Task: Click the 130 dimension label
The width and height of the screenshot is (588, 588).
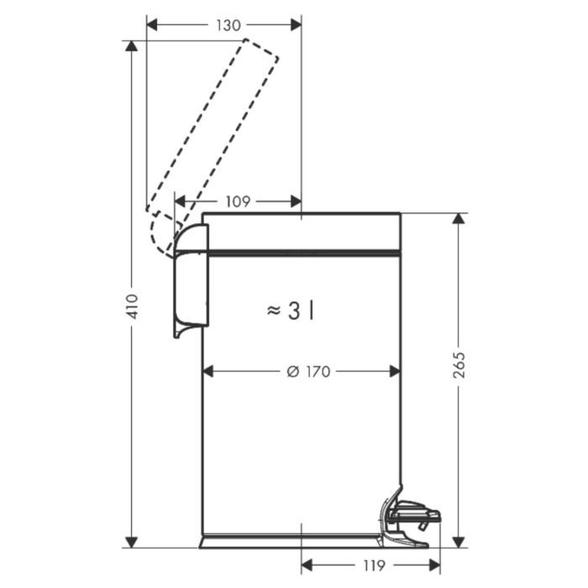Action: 228,25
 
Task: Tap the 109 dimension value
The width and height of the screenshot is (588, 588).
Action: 238,202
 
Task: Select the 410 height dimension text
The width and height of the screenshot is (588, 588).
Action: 132,307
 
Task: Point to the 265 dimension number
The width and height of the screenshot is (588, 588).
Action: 459,365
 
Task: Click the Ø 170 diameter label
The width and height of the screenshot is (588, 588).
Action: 308,371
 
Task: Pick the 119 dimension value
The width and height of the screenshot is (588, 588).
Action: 374,565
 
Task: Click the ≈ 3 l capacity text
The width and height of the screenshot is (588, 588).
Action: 291,311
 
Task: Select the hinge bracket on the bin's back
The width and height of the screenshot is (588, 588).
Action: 192,281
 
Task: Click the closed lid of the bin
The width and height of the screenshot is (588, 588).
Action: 302,232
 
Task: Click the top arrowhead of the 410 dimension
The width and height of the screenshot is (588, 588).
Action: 131,45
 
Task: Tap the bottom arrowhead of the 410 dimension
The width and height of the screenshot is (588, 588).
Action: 131,542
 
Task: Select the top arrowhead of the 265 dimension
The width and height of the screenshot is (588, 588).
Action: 459,218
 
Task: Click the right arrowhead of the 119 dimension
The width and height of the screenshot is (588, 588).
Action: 434,565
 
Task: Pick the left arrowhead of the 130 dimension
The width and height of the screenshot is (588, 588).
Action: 152,25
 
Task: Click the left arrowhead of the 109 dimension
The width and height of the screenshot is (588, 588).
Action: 180,202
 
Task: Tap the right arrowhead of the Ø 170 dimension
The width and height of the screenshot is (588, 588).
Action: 396,371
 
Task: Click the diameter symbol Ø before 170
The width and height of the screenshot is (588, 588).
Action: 293,371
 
